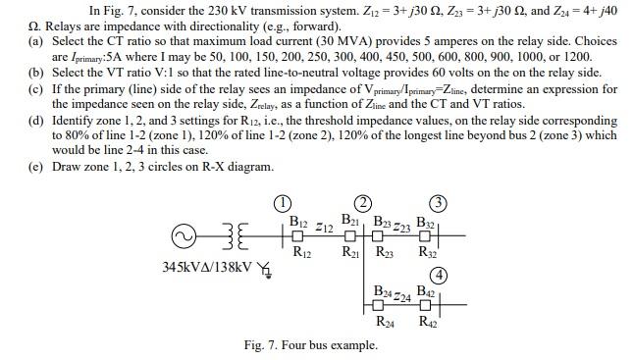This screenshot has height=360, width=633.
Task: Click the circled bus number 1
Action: click(281, 203)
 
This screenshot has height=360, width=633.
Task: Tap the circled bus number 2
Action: click(361, 203)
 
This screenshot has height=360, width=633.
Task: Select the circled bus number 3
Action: click(441, 203)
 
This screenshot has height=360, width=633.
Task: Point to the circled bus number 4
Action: click(441, 273)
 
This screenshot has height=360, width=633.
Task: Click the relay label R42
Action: click(427, 322)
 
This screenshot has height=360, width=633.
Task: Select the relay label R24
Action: click(385, 322)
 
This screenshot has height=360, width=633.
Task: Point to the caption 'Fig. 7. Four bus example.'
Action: click(310, 345)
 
